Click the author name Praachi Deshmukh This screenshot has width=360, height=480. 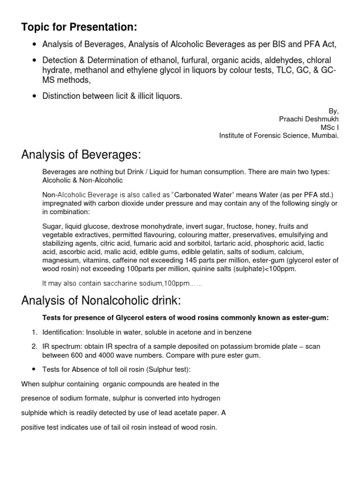(x=308, y=120)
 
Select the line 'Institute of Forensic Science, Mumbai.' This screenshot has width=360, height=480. (x=278, y=136)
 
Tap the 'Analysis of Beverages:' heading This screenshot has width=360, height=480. (x=81, y=155)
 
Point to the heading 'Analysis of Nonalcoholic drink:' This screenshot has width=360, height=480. (x=101, y=300)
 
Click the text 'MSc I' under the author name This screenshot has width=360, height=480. (x=329, y=128)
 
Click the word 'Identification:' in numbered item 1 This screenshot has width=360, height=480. (x=65, y=332)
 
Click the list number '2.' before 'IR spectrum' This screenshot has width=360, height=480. (x=35, y=346)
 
